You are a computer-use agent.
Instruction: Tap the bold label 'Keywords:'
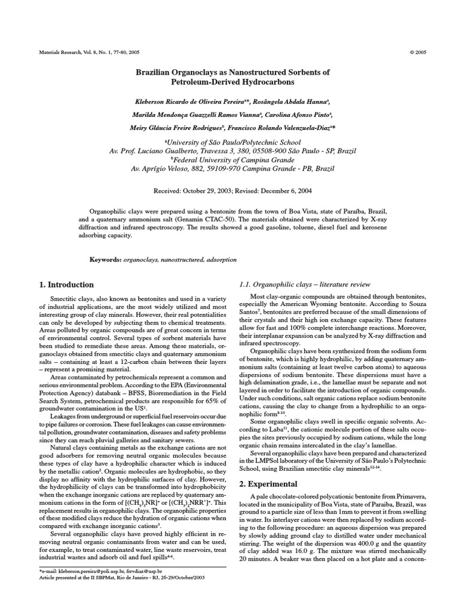coord(105,260)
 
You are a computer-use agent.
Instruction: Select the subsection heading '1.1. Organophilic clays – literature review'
coord(304,284)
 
